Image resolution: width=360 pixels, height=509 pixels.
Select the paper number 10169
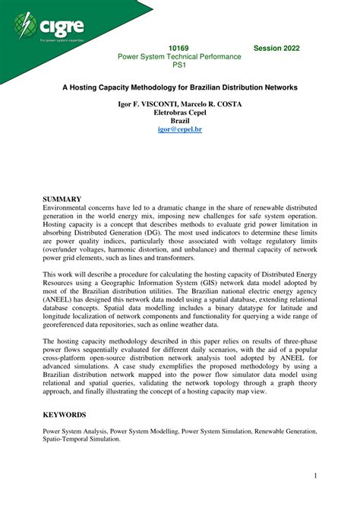tap(179, 48)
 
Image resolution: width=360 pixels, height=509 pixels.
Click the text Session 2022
tap(276, 48)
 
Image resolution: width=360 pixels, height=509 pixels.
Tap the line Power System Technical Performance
tap(179, 57)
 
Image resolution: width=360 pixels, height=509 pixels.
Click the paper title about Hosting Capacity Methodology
tap(179, 87)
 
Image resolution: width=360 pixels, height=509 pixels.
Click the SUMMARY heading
tap(62, 199)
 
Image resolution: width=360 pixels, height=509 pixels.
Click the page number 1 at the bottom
tap(314, 476)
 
